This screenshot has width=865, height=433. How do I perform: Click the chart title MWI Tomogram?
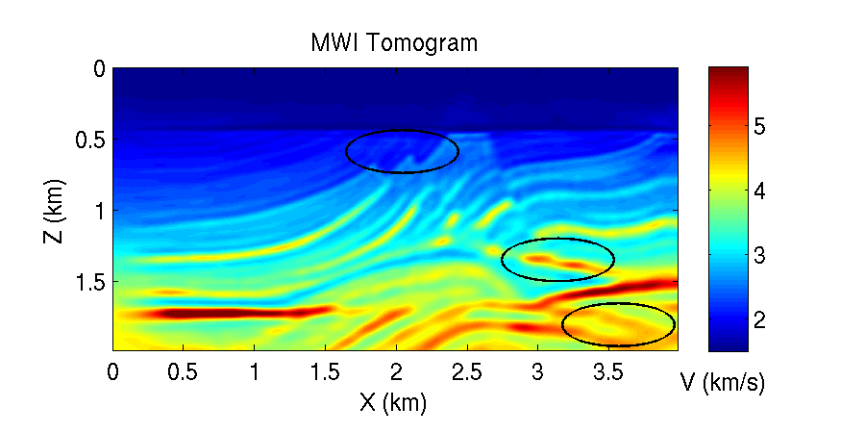click(394, 43)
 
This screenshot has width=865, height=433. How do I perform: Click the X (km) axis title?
click(393, 402)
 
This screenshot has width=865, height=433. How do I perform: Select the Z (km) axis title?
click(54, 210)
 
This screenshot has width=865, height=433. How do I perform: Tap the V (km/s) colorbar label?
click(722, 383)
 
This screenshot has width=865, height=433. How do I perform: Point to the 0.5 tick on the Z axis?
click(89, 140)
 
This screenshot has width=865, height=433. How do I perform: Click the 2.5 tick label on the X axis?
click(467, 371)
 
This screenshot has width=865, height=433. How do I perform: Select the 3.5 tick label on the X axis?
click(608, 371)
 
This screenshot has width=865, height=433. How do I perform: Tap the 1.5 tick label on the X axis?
click(326, 371)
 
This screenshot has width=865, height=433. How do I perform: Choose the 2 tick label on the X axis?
click(396, 371)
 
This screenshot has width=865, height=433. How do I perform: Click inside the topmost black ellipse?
click(402, 151)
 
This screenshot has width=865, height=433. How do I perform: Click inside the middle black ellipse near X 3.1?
click(557, 260)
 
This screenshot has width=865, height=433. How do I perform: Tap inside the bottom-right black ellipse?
click(618, 324)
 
